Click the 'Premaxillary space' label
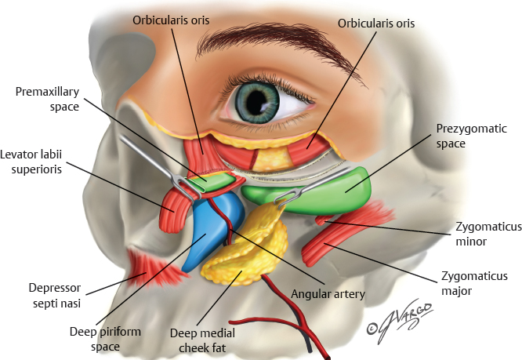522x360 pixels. (47, 98)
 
